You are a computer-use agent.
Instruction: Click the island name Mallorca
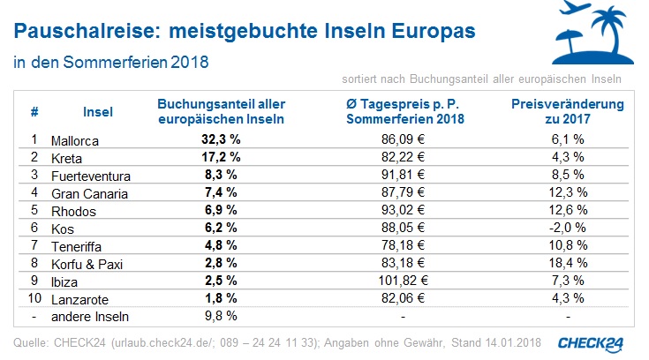pyautogui.click(x=75, y=139)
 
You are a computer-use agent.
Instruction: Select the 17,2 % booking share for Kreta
pyautogui.click(x=222, y=157)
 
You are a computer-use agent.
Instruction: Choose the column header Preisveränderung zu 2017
pyautogui.click(x=568, y=110)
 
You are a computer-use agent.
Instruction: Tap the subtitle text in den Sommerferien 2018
pyautogui.click(x=111, y=64)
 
